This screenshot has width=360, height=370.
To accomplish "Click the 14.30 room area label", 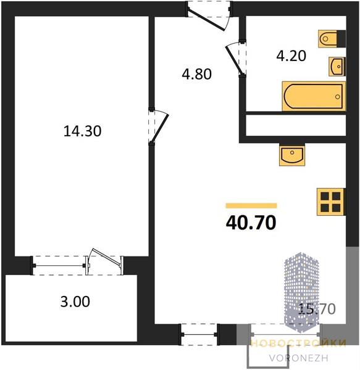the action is pyautogui.click(x=83, y=131).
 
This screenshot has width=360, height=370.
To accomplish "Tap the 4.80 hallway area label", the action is pyautogui.click(x=196, y=74).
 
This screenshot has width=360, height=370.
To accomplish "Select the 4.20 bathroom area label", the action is pyautogui.click(x=291, y=56).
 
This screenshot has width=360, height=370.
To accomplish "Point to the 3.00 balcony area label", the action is pyautogui.click(x=75, y=302).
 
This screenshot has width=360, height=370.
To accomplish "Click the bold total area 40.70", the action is pyautogui.click(x=251, y=223).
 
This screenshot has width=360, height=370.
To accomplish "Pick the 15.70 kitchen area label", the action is pyautogui.click(x=317, y=309).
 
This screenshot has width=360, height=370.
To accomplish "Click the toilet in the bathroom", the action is pyautogui.click(x=332, y=39).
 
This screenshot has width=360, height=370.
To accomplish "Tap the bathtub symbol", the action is pyautogui.click(x=314, y=96).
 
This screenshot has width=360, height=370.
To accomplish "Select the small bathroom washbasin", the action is pyautogui.click(x=337, y=67).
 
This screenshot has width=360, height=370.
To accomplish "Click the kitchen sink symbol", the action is pyautogui.click(x=292, y=154).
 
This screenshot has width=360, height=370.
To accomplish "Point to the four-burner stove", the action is pyautogui.click(x=331, y=202).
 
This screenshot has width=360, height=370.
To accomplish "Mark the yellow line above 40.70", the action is pyautogui.click(x=251, y=206).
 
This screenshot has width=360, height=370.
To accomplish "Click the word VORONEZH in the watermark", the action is pyautogui.click(x=298, y=358).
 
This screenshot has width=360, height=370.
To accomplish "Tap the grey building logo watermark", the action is pyautogui.click(x=301, y=292).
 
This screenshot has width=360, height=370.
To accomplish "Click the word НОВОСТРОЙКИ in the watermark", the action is pyautogui.click(x=299, y=343).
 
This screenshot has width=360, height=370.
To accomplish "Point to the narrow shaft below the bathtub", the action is pyautogui.click(x=296, y=125).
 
